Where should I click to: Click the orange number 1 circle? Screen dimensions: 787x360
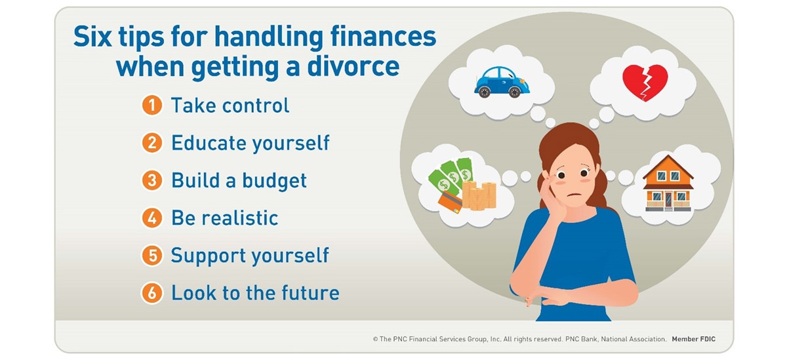(151, 106)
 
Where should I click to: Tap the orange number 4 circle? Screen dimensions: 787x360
(151, 218)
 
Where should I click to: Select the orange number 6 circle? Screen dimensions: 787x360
(151, 293)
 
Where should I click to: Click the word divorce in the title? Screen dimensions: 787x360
(353, 66)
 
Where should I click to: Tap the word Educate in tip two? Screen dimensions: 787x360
(209, 143)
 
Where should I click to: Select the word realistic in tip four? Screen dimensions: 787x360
(242, 218)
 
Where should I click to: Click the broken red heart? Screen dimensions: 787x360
(645, 83)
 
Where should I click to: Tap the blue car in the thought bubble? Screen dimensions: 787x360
(502, 82)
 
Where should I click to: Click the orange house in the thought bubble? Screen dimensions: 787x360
(668, 183)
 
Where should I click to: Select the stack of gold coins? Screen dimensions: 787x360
(479, 195)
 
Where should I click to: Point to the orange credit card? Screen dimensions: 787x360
(451, 202)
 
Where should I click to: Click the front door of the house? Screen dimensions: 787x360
(668, 200)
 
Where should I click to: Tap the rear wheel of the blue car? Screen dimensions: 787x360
(484, 92)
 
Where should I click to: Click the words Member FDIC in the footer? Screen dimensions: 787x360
(694, 339)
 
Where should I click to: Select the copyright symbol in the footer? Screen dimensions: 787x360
(375, 339)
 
